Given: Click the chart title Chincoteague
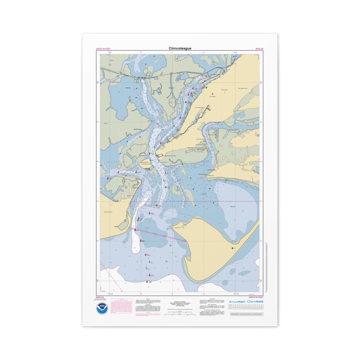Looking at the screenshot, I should [x=180, y=48].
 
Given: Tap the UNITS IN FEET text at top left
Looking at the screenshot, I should [x=103, y=49].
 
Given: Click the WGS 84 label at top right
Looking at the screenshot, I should [x=259, y=49].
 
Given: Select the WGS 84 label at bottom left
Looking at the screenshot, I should [x=100, y=297].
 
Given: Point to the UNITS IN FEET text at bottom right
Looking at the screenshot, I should [x=256, y=297].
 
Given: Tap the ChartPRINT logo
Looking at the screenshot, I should [x=237, y=302].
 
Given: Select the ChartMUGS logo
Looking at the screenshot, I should [x=255, y=301].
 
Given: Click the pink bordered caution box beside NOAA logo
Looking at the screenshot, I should [x=121, y=306].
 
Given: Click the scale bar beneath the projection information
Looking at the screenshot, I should [x=180, y=314].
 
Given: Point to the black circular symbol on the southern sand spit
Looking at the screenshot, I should [x=232, y=249].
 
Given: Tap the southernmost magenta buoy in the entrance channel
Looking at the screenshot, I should [x=147, y=281].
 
